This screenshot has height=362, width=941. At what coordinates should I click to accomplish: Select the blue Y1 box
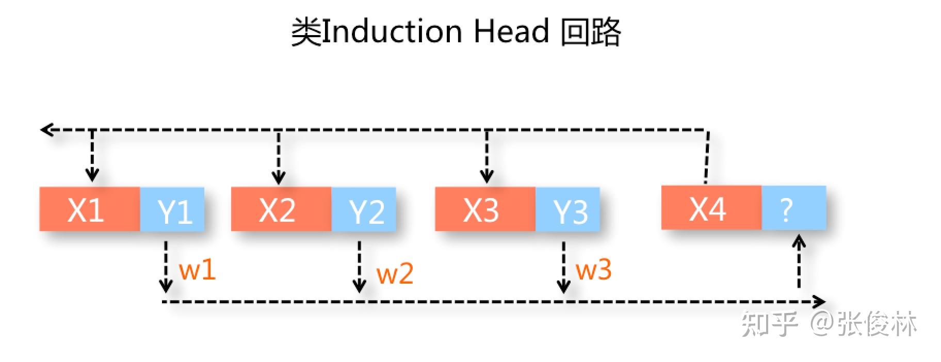[x=172, y=209]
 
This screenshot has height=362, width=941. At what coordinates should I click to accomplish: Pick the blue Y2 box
[x=364, y=209]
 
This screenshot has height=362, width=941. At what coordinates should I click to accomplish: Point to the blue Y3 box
[x=568, y=209]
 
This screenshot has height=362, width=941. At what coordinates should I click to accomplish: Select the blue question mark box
[x=793, y=208]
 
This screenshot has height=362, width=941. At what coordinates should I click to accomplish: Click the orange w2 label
[x=395, y=273]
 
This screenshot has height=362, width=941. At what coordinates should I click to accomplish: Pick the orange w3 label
[x=593, y=270]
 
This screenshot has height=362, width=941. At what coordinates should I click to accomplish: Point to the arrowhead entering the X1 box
[x=92, y=175]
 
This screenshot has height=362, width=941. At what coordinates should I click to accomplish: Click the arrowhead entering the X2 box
[x=279, y=178]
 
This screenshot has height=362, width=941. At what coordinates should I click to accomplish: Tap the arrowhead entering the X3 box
[x=486, y=177]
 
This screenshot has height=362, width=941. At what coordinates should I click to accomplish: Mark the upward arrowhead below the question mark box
[x=799, y=241]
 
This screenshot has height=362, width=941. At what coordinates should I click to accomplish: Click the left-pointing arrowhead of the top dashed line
[x=46, y=129]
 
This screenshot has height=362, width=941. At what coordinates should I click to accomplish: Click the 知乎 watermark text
[x=769, y=324]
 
